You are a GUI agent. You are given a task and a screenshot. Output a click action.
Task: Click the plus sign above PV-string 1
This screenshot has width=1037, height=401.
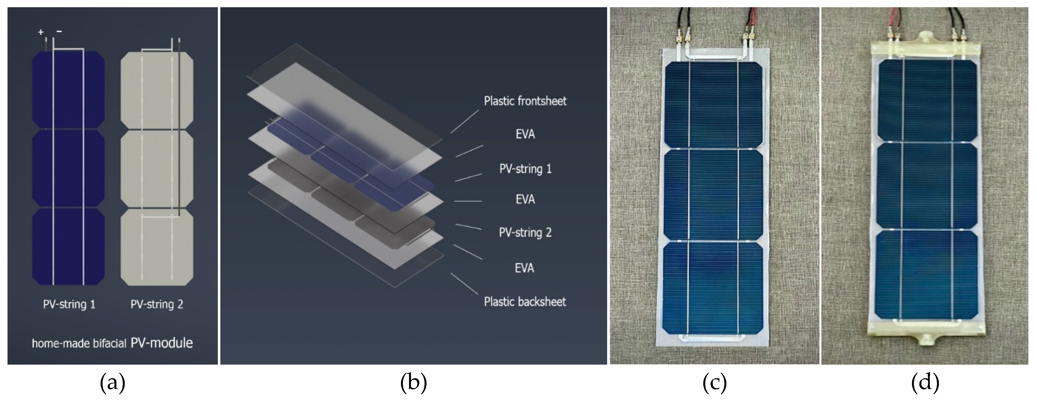click(41, 32)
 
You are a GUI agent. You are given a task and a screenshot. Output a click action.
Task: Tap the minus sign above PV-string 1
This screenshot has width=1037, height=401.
click(59, 31)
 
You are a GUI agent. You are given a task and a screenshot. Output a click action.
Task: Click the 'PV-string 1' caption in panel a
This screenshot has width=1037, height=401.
click(69, 304)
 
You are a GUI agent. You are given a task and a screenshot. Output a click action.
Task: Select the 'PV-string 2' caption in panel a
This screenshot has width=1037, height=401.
click(157, 304)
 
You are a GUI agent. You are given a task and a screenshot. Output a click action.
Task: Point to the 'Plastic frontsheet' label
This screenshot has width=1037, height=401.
click(525, 101)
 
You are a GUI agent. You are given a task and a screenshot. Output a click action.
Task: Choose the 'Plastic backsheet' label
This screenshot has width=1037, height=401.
click(525, 302)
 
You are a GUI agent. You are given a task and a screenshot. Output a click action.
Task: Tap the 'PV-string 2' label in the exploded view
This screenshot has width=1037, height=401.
click(525, 232)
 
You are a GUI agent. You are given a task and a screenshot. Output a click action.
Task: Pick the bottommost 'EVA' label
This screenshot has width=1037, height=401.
click(524, 268)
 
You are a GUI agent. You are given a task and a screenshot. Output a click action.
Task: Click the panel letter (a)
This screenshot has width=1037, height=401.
click(112, 383)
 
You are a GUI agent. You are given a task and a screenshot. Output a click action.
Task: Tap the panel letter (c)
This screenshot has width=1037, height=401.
click(715, 383)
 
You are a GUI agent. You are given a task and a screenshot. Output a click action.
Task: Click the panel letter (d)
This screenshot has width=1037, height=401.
click(925, 383)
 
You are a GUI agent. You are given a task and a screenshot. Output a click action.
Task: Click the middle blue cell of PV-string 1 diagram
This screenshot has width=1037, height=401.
click(68, 168)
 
